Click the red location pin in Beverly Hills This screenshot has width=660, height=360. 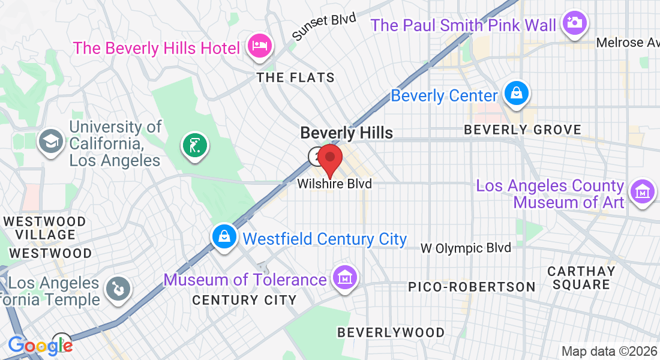click(329, 159)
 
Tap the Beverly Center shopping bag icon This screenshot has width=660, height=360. click(516, 93)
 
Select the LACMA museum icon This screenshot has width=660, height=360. click(642, 192)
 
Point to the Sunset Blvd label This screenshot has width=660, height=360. click(323, 26)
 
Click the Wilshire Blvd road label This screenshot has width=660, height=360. click(334, 184)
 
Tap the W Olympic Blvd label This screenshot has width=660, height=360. click(466, 248)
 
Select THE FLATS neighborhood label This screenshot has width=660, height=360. click(295, 77)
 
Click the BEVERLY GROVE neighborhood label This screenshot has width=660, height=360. click(523, 130)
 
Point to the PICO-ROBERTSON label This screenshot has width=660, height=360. click(472, 287)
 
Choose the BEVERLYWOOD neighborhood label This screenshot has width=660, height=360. click(391, 332)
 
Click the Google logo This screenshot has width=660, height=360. click(40, 346)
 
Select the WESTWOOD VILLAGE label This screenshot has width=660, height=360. click(45, 228)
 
